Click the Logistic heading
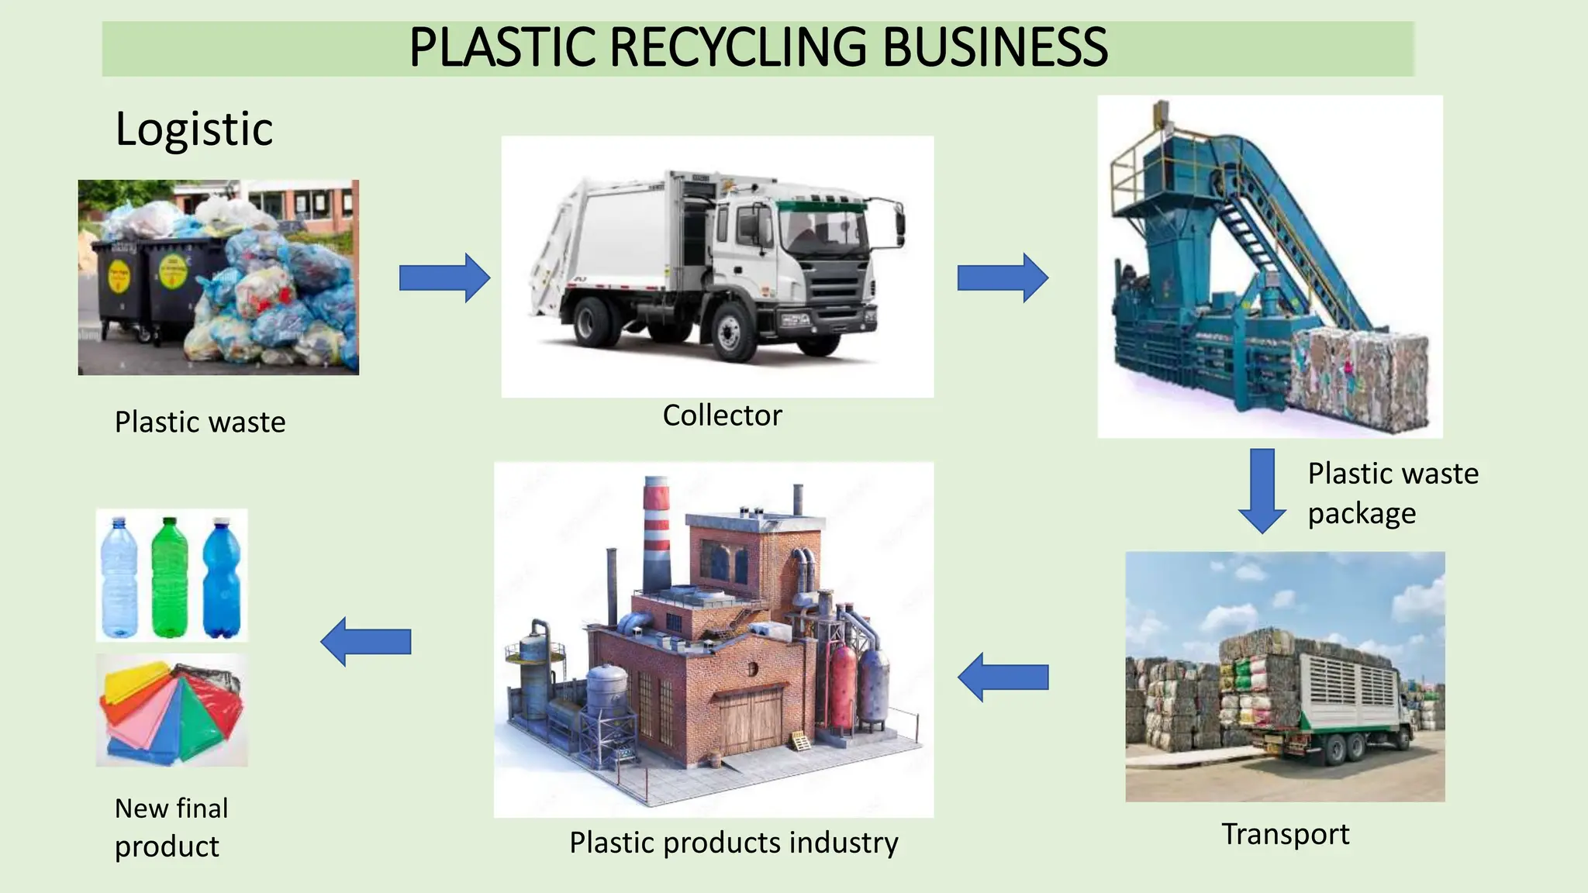[194, 129]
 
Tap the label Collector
[722, 415]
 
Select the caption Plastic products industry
[734, 843]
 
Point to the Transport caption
[1285, 834]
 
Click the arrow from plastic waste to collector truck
[444, 278]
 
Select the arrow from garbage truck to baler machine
[1003, 278]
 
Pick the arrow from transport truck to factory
[1003, 678]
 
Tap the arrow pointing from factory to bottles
[365, 642]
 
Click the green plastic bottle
[170, 578]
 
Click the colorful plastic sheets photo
[171, 710]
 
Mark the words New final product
[171, 827]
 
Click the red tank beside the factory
[843, 688]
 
